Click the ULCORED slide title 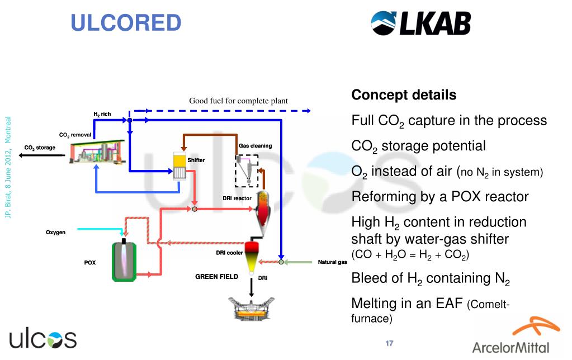pos(126,23)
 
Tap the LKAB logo pos(420,23)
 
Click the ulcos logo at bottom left pos(42,339)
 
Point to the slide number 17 pos(390,343)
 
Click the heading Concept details pos(404,95)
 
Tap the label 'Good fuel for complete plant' pos(238,101)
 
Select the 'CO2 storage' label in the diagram pos(40,148)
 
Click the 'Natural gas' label pos(333,262)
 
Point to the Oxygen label pos(55,232)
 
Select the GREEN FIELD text pos(216,277)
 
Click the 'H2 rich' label pos(102,114)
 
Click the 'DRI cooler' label pos(229,253)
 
